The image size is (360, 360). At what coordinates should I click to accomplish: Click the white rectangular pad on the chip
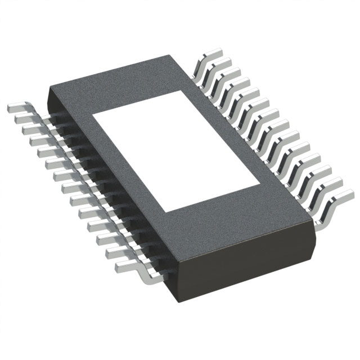177,151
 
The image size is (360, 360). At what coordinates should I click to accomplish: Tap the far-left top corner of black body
49,88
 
